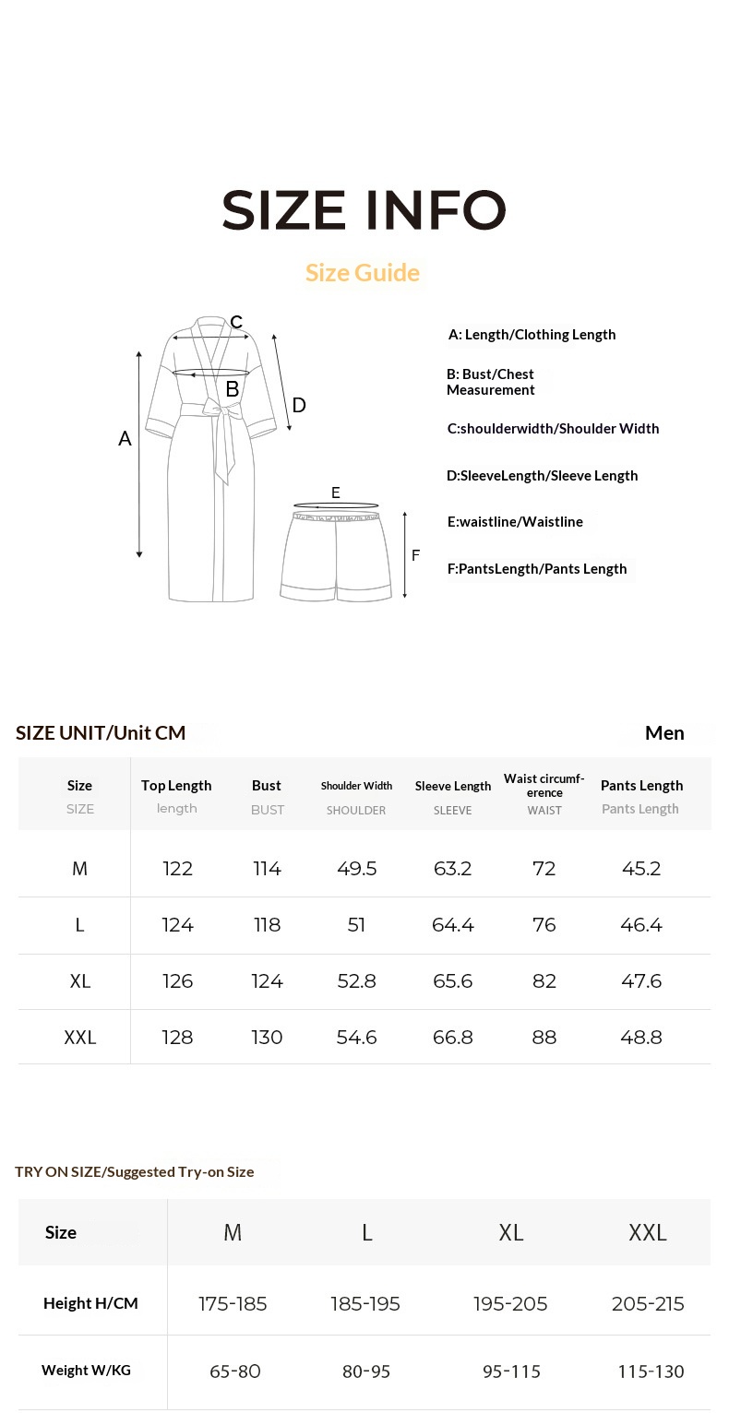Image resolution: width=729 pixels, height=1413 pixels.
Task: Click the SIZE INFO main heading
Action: tap(364, 210)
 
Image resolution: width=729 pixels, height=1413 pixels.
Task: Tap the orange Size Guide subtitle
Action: tap(363, 273)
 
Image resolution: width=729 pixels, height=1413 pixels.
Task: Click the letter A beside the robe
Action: tap(125, 439)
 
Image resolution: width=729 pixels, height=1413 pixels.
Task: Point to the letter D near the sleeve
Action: tap(299, 405)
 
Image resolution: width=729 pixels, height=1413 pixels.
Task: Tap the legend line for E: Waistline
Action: tap(515, 522)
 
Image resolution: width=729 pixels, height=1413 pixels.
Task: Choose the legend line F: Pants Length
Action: tap(537, 569)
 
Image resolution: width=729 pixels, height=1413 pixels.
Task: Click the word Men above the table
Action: tap(664, 732)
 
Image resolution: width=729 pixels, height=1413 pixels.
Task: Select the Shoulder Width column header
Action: tap(356, 786)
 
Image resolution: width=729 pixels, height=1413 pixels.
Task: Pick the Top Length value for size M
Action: tap(177, 869)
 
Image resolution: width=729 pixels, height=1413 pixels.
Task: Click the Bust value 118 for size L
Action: tap(267, 925)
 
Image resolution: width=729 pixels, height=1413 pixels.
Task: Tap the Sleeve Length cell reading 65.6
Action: tap(452, 981)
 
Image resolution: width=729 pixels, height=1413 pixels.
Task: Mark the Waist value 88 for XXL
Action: tap(544, 1038)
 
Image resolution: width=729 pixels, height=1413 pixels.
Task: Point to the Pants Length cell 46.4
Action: tap(641, 925)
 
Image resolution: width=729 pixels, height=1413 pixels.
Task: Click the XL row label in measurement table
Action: tap(80, 981)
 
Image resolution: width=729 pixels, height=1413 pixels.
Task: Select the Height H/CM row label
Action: tap(90, 1303)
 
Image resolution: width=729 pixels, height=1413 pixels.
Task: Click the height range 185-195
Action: tap(365, 1304)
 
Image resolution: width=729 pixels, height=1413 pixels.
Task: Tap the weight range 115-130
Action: tap(651, 1371)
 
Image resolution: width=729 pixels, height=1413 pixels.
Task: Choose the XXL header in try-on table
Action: tap(647, 1233)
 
